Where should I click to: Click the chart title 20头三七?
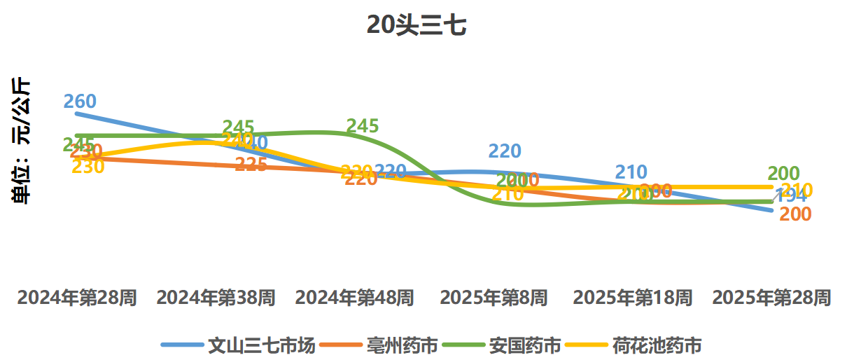pyautogui.click(x=416, y=26)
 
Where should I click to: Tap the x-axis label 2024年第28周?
pyautogui.click(x=77, y=298)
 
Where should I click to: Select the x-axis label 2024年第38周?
pyautogui.click(x=216, y=298)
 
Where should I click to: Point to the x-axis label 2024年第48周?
pyautogui.click(x=354, y=298)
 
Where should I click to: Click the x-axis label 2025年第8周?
pyautogui.click(x=493, y=298)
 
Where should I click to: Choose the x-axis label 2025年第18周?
pyautogui.click(x=632, y=298)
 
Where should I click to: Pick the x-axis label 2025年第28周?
pyautogui.click(x=771, y=298)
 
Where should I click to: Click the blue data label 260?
pyautogui.click(x=80, y=102)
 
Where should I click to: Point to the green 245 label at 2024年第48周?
pyautogui.click(x=363, y=126)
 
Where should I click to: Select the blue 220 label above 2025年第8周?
pyautogui.click(x=505, y=151)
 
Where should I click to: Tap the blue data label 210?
pyautogui.click(x=631, y=172)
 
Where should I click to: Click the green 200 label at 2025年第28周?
pyautogui.click(x=783, y=173)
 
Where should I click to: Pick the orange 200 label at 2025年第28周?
pyautogui.click(x=795, y=215)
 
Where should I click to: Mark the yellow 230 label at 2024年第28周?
pyautogui.click(x=88, y=167)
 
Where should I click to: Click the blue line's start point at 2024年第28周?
pyautogui.click(x=77, y=113)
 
